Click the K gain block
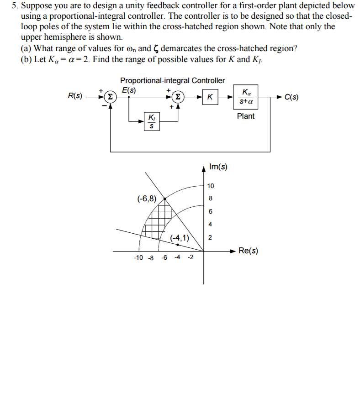click(210, 97)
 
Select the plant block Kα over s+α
click(246, 97)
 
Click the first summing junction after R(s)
click(111, 97)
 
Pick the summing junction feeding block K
click(179, 97)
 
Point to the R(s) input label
click(75, 96)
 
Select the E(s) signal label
click(128, 89)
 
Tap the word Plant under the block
click(246, 116)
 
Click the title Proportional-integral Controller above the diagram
click(172, 80)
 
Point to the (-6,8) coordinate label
click(147, 198)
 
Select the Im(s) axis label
click(218, 167)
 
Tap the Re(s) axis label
click(248, 251)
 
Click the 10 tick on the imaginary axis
click(210, 186)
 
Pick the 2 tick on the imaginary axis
click(210, 237)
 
